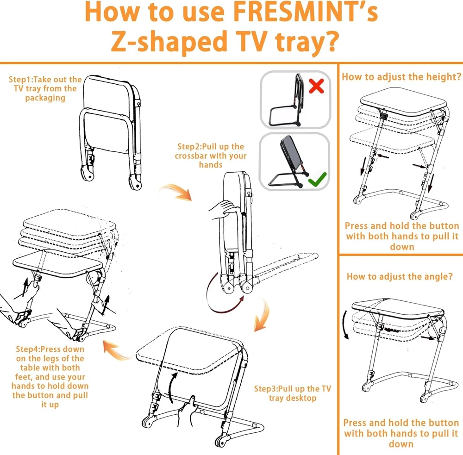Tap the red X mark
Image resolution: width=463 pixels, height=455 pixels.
click(x=316, y=86)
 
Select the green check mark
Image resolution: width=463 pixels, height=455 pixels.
click(x=317, y=179)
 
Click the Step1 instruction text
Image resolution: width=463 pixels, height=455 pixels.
click(x=45, y=88)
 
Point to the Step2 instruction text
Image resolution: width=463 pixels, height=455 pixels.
click(x=211, y=156)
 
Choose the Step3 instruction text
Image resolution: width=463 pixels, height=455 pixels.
click(x=292, y=393)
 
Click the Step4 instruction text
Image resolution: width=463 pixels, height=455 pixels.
click(x=50, y=377)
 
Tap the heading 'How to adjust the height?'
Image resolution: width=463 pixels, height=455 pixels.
click(x=401, y=77)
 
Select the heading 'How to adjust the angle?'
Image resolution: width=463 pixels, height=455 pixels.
click(x=400, y=276)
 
